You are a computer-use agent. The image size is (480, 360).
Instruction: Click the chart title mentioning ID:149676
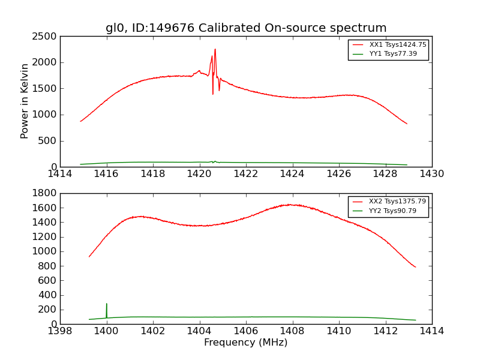[x=246, y=28]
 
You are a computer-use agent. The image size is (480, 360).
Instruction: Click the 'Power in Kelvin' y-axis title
[x=25, y=101]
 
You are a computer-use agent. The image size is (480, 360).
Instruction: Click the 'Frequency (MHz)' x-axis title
[x=245, y=343]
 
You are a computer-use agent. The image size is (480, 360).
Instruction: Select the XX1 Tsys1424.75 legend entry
[x=397, y=45]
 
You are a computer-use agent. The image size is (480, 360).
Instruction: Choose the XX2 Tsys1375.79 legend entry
[x=397, y=202]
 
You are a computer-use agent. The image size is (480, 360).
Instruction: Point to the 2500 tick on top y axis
[x=46, y=36]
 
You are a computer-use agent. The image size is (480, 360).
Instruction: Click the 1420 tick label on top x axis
[x=199, y=174]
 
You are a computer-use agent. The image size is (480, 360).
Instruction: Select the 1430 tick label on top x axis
[x=431, y=174]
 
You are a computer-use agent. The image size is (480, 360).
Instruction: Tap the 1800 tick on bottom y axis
[x=46, y=193]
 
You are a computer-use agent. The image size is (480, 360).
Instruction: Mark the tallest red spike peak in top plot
[x=215, y=50]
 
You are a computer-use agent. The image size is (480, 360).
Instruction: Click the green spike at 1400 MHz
[x=107, y=304]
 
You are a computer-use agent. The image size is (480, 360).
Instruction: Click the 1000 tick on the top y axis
[x=46, y=115]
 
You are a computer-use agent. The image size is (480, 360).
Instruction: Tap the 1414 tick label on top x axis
[x=60, y=174]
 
